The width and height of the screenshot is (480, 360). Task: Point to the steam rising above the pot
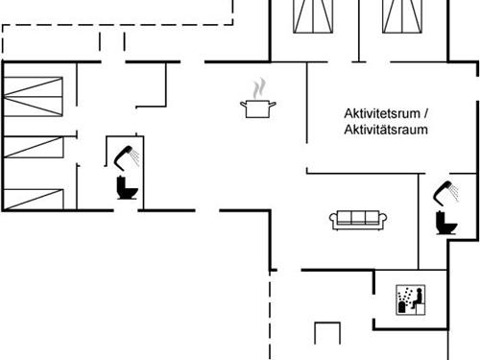[256, 87]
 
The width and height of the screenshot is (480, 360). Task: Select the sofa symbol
[358, 220]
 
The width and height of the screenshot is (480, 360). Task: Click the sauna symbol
[409, 300]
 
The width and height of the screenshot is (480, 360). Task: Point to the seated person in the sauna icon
[404, 301]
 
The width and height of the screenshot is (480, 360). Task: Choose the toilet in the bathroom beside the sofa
[445, 223]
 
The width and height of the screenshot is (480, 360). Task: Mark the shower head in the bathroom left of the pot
[124, 153]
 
